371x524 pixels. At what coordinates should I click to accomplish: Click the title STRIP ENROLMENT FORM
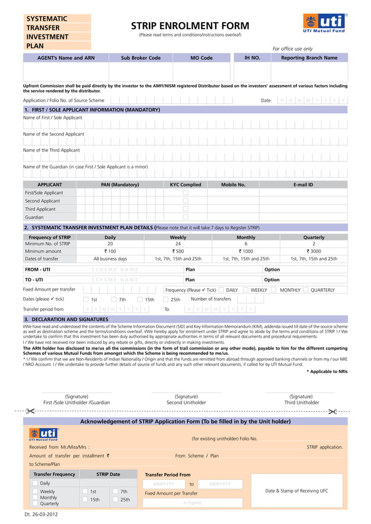tap(190, 26)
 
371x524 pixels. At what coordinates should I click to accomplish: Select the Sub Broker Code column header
tap(141, 58)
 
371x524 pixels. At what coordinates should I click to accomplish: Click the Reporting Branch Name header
tap(309, 58)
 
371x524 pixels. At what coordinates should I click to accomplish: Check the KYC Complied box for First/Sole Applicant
tap(185, 193)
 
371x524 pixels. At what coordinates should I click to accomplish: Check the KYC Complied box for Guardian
tap(185, 217)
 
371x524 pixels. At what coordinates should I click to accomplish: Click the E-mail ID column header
tap(303, 185)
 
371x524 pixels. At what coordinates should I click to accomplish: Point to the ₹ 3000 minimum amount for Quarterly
tap(314, 252)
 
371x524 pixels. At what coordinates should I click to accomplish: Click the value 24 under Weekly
tap(178, 244)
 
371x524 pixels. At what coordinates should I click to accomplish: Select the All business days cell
tap(110, 259)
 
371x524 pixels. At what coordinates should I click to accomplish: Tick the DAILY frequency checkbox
tap(222, 290)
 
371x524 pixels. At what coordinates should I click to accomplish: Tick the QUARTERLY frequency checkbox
tap(306, 290)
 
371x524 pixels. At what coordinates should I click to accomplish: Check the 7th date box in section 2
tap(114, 300)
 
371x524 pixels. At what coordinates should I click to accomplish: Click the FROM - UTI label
tap(37, 270)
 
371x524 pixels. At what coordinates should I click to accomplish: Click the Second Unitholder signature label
tap(186, 403)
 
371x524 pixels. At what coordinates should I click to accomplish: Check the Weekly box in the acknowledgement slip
tap(35, 491)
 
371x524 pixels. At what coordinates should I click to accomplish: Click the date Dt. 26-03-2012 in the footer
tap(41, 515)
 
